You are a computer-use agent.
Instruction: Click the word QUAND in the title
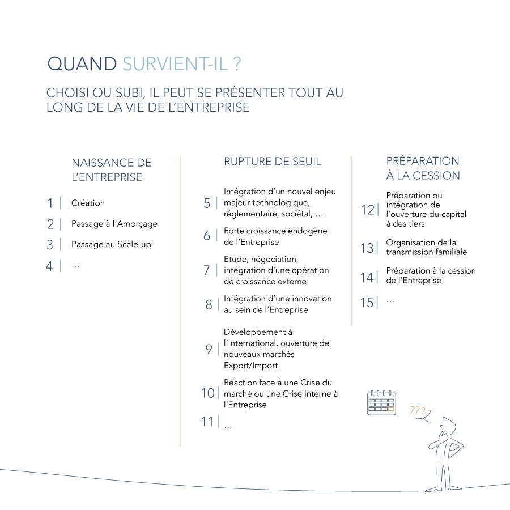coord(82,64)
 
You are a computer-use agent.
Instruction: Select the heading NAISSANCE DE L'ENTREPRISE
coord(111,170)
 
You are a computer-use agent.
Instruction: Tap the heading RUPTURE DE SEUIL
coord(273,161)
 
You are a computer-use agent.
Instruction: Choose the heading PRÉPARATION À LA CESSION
coord(423,168)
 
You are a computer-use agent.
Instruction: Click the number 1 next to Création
coord(50,203)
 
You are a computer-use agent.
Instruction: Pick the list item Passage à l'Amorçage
coord(114,224)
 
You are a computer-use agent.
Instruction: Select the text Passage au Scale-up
coord(111,245)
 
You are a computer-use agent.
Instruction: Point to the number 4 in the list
coord(50,266)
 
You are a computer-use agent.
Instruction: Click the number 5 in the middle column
coord(207,203)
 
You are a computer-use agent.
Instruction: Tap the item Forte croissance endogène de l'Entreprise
coord(275,236)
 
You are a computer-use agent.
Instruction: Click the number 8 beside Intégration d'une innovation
coord(209,305)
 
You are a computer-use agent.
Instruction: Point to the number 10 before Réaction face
coord(208,393)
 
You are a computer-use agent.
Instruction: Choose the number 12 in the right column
coord(368,210)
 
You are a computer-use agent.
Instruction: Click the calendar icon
coord(381,403)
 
